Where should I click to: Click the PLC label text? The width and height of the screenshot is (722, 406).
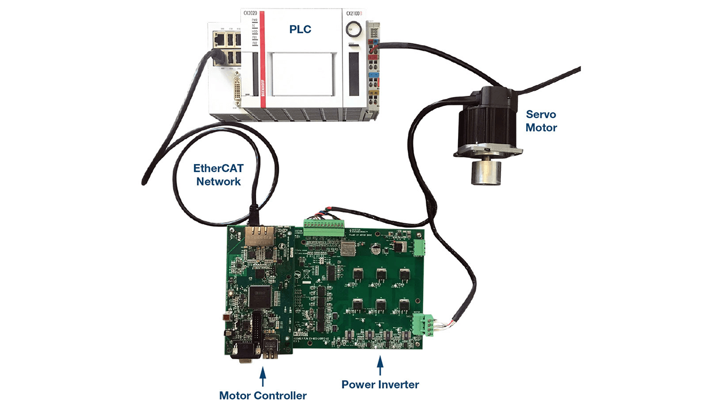click(x=300, y=29)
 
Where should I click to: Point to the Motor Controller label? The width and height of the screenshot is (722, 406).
click(x=263, y=395)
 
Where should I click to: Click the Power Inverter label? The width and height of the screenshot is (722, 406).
click(x=380, y=385)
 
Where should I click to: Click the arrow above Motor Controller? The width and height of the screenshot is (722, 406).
click(x=262, y=374)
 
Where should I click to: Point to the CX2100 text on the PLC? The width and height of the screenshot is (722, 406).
click(x=354, y=13)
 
